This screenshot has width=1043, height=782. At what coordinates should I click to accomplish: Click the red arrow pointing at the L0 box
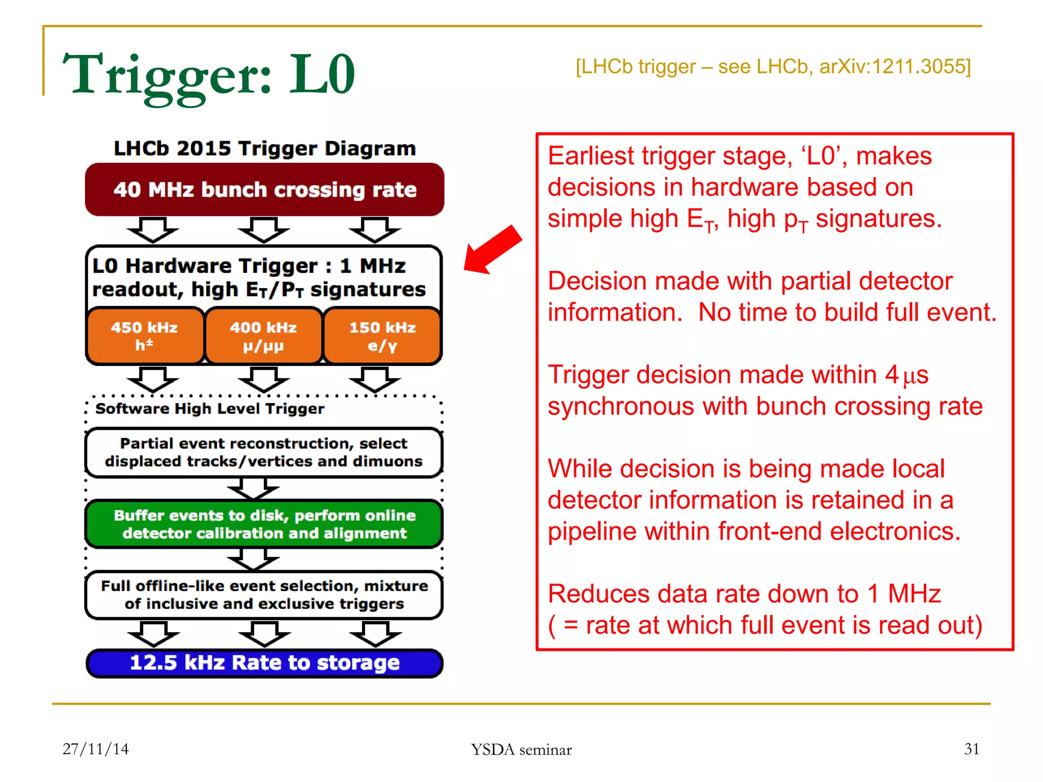coord(492,250)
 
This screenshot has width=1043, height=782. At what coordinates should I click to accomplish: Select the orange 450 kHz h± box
coord(145,336)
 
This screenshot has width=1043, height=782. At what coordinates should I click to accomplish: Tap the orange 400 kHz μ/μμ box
coord(263,336)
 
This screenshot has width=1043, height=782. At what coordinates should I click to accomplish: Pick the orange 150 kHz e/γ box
coord(382,336)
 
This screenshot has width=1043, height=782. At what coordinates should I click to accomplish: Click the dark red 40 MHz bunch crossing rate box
coord(264,189)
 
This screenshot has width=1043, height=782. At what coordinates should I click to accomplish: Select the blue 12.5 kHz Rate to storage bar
coord(264,663)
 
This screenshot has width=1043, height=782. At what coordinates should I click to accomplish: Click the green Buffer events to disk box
coord(264,524)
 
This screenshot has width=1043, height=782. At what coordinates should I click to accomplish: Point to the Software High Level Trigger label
coord(210,409)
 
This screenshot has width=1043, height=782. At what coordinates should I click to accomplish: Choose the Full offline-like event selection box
coord(264,595)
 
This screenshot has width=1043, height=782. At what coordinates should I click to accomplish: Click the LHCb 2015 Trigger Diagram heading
coord(264,149)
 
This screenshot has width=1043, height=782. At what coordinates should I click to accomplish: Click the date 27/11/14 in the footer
coord(96,749)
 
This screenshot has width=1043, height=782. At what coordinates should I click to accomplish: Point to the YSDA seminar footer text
coord(521,749)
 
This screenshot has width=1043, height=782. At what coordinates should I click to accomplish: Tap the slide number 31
coord(971,749)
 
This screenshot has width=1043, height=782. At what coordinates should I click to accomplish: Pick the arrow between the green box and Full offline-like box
coord(253,560)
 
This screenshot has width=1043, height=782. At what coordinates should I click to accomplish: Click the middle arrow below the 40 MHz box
coord(263,230)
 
